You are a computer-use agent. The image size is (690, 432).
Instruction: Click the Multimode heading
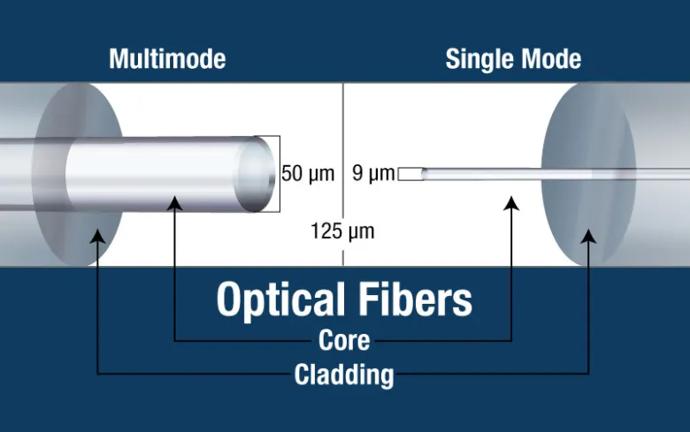(x=167, y=59)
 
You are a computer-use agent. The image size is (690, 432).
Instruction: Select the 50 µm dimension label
(x=308, y=173)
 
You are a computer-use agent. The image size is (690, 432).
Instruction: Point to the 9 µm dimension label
(x=373, y=173)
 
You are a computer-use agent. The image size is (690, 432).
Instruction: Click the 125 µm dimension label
(x=343, y=231)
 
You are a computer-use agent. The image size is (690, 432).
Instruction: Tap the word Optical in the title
(x=280, y=300)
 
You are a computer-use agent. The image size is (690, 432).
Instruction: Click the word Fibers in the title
(x=416, y=299)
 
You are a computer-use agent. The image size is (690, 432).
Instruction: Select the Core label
(x=344, y=341)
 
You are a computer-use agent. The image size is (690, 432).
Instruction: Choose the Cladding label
(x=344, y=375)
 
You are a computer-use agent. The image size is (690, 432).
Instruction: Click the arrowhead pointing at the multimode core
(x=174, y=203)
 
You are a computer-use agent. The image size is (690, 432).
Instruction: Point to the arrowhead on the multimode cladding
(x=97, y=236)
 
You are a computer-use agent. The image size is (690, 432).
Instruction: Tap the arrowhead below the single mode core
(x=511, y=203)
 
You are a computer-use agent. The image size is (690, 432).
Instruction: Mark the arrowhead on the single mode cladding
(x=588, y=236)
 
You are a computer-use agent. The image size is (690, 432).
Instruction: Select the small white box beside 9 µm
(x=410, y=174)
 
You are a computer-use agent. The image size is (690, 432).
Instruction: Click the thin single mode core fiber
(x=556, y=174)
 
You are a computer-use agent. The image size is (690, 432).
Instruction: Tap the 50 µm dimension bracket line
(x=280, y=174)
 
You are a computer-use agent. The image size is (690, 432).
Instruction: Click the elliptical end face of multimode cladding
(x=78, y=174)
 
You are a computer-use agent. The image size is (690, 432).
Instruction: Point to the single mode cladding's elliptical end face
(x=588, y=174)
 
